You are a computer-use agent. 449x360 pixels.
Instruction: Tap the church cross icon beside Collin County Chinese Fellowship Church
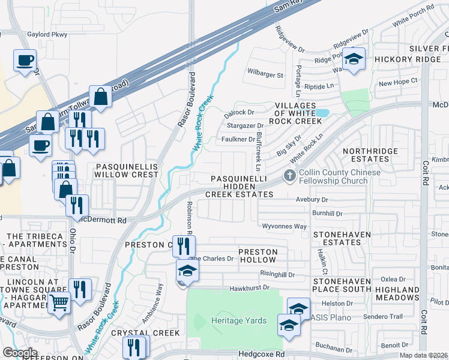(290, 176)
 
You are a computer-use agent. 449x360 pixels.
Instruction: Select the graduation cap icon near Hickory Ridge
(354, 59)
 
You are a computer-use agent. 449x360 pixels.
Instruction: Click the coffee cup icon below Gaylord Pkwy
(25, 61)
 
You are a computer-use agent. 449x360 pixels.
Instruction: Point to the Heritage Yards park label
(239, 320)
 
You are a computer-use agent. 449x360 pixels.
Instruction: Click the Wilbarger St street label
(265, 75)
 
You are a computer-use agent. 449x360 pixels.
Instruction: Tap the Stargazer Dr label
(241, 125)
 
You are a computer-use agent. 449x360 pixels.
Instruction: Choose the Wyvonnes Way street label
(285, 226)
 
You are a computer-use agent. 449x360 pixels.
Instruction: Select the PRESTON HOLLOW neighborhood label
(258, 256)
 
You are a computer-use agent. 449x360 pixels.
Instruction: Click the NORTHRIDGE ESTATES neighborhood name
(366, 155)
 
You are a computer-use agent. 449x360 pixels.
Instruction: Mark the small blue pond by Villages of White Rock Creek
(322, 113)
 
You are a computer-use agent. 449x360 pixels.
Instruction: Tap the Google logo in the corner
(19, 352)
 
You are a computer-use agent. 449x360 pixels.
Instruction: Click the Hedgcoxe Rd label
(261, 355)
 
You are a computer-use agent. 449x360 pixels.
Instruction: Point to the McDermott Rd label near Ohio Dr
(103, 220)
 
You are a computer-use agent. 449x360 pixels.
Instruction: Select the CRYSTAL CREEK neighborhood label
(149, 332)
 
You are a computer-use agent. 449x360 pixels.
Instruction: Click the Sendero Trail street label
(385, 316)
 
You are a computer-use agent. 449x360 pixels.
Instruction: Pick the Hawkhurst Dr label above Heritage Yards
(252, 288)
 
